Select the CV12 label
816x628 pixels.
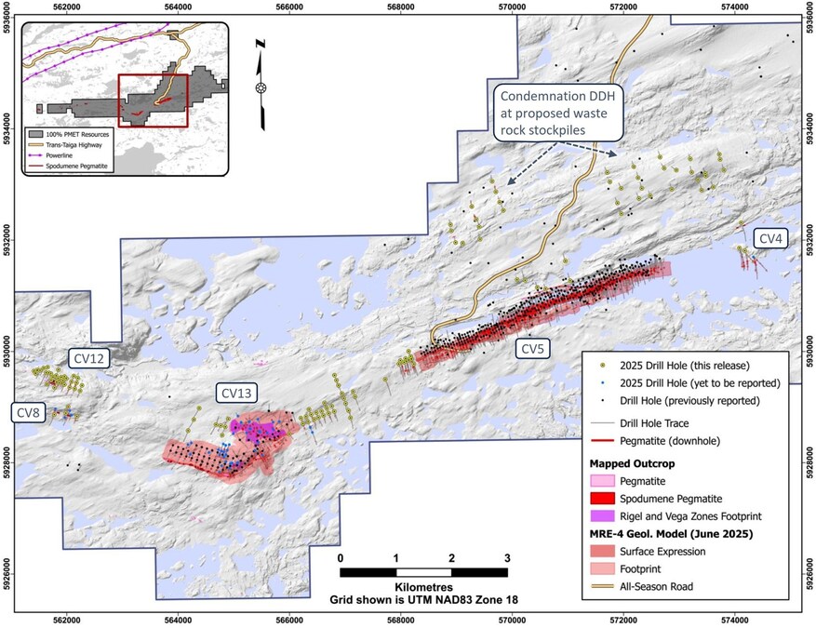tap(89, 356)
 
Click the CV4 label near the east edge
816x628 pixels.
tap(771, 239)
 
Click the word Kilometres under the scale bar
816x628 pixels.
tap(423, 588)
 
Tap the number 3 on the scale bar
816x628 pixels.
tap(507, 557)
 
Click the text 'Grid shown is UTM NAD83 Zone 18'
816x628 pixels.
tap(423, 601)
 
